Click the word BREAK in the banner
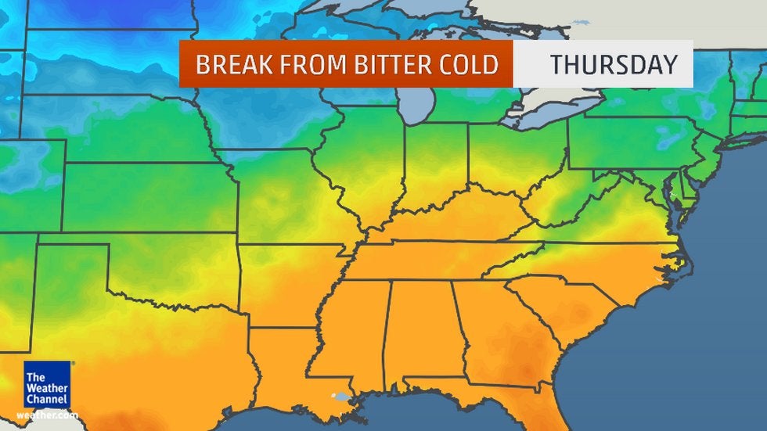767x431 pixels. tap(229, 64)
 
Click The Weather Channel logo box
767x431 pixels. tap(46, 385)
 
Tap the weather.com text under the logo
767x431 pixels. tap(46, 415)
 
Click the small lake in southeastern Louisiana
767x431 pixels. tap(338, 397)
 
